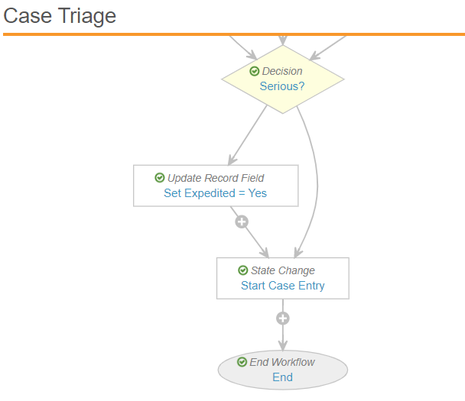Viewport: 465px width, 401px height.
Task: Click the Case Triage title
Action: click(x=60, y=16)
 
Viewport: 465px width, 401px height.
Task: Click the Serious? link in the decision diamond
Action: click(x=282, y=86)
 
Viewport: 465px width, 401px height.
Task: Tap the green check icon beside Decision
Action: click(x=254, y=71)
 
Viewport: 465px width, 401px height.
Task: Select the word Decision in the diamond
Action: click(x=282, y=71)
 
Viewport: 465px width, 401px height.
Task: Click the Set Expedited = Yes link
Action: click(x=216, y=193)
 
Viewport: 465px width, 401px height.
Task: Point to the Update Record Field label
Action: click(x=216, y=178)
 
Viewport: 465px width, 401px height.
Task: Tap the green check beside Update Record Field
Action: click(x=160, y=178)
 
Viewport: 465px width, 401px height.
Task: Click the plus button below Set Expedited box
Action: click(x=242, y=222)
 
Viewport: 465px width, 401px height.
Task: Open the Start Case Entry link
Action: click(x=283, y=286)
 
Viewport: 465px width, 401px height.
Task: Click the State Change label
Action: click(x=283, y=270)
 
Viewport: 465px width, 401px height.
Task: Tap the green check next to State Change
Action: click(x=243, y=270)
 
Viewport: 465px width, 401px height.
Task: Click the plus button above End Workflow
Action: click(x=283, y=319)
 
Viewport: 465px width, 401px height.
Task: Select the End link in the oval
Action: click(x=283, y=377)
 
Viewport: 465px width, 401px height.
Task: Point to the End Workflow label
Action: click(x=282, y=362)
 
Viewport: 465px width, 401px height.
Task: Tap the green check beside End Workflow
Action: click(x=242, y=361)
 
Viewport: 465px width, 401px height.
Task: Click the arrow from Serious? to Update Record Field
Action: click(x=248, y=135)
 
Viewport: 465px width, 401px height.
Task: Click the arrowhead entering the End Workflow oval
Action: click(x=283, y=346)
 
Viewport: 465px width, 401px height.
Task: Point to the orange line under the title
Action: click(x=234, y=34)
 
